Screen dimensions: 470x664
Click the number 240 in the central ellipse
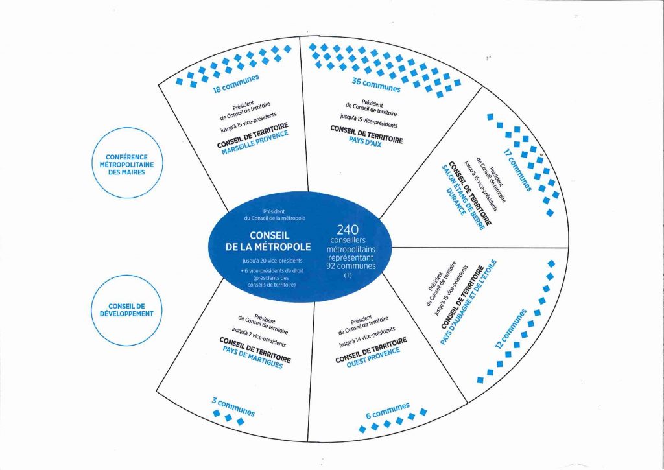click(348, 229)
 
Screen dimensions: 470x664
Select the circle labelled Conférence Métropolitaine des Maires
click(127, 165)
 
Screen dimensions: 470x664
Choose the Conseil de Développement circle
click(127, 309)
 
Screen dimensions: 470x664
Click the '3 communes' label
click(233, 407)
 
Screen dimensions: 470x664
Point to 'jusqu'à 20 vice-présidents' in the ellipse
click(265, 261)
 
